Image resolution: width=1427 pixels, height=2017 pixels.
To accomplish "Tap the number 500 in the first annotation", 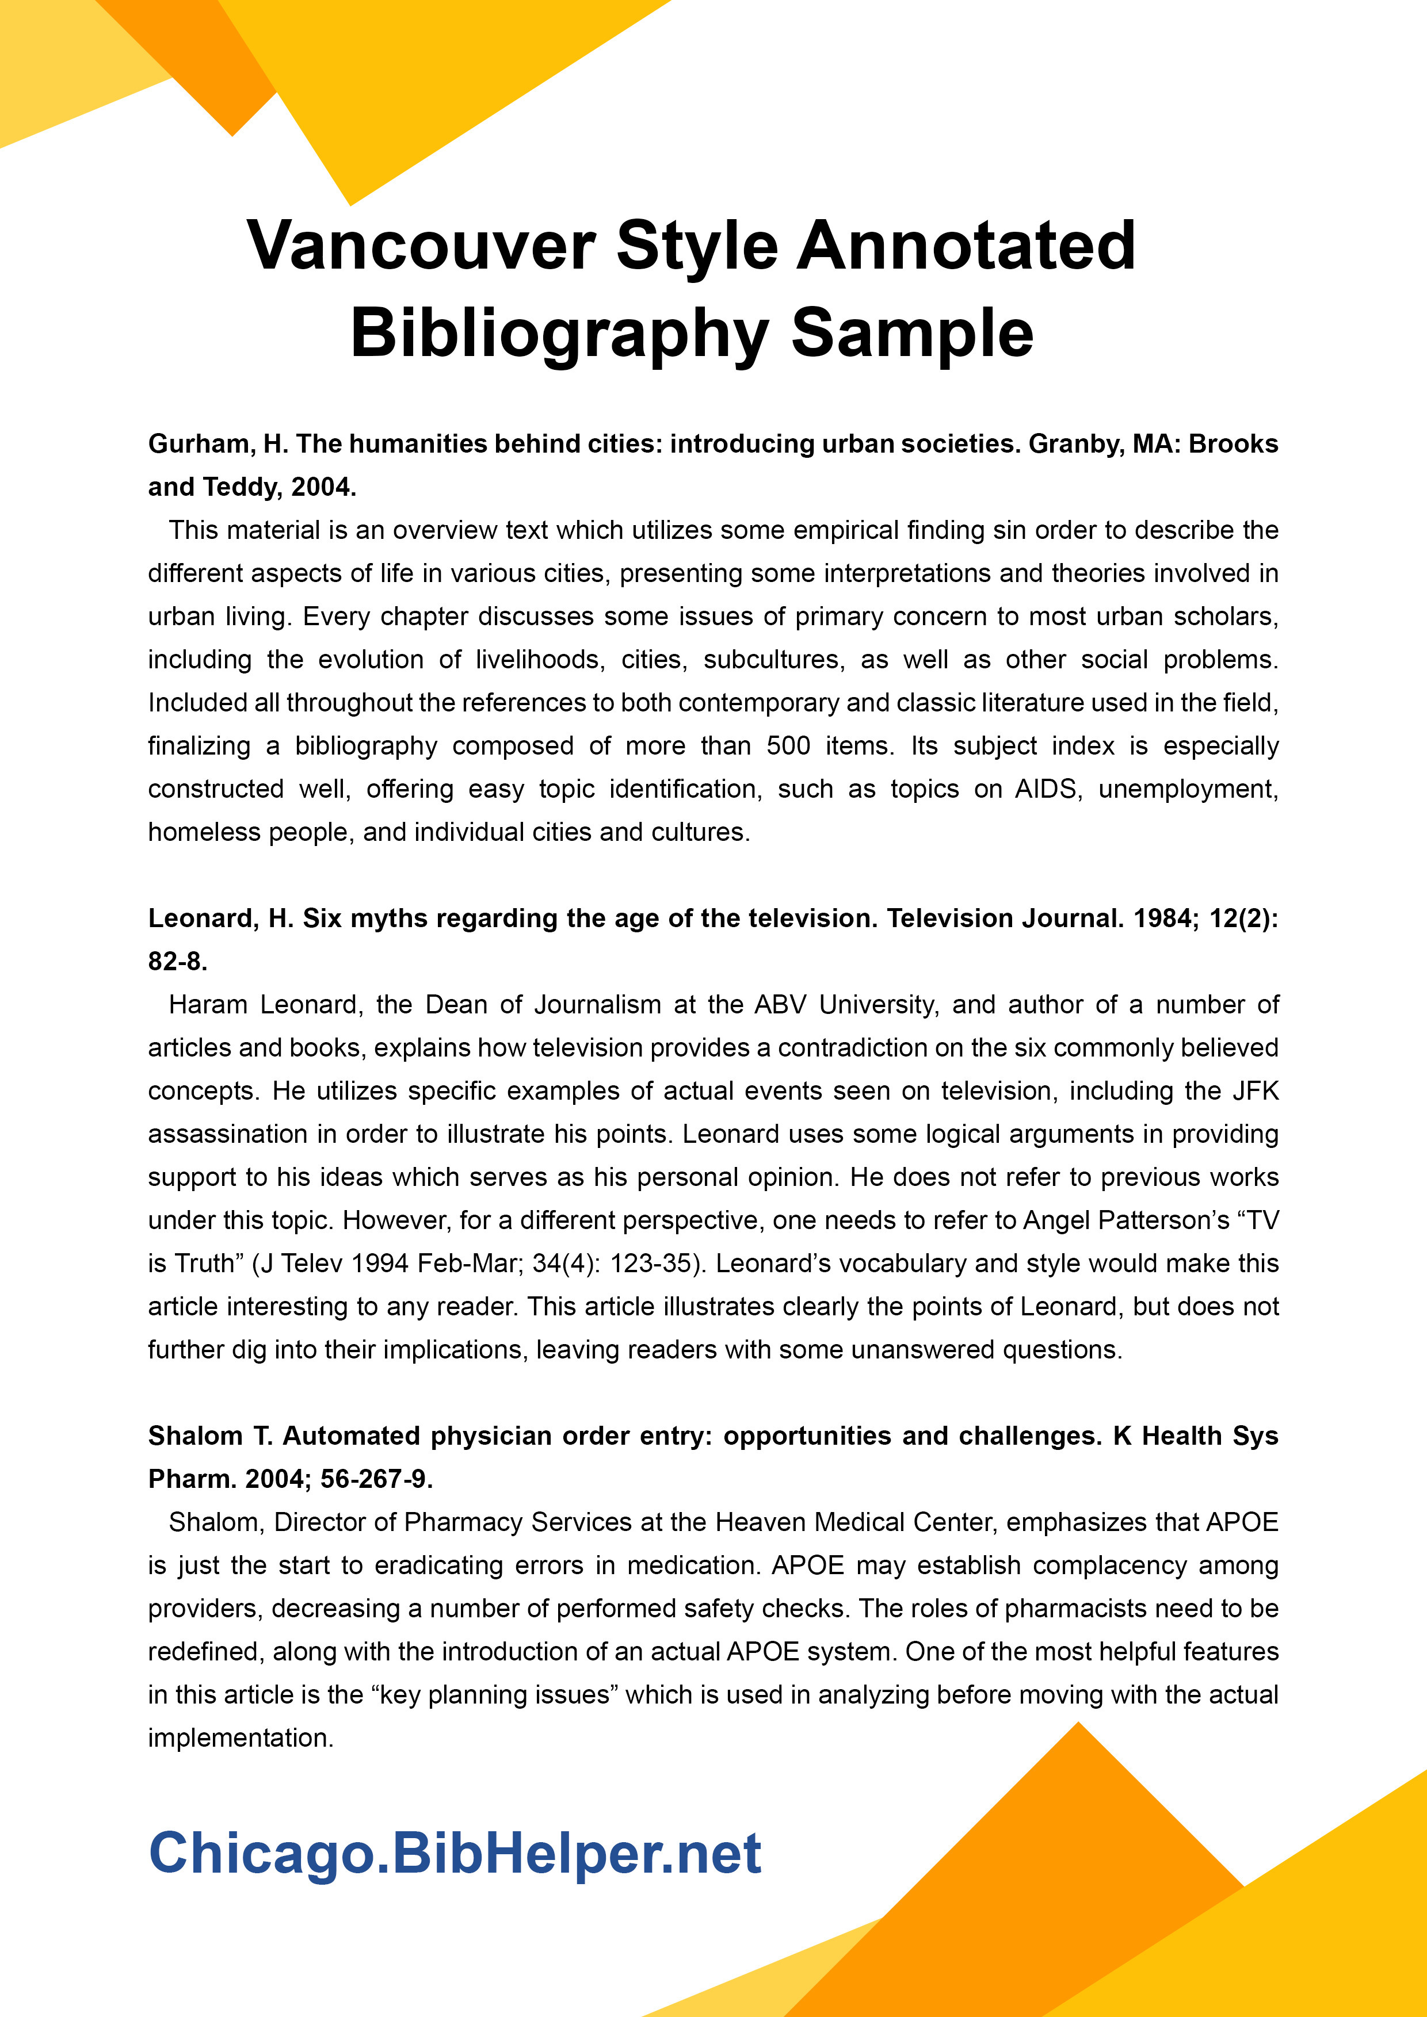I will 788,746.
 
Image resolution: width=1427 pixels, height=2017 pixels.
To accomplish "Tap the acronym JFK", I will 1256,1091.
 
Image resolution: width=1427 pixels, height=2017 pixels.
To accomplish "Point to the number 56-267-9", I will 376,1479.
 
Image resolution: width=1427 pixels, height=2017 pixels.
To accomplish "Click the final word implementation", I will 240,1737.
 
